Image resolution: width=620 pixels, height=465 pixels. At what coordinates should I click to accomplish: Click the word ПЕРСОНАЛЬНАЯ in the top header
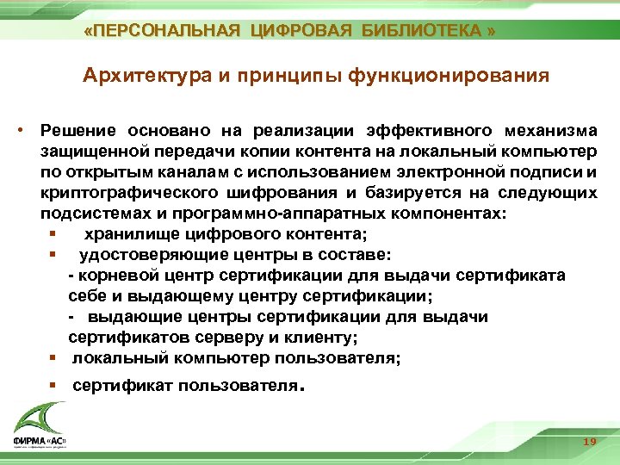166,32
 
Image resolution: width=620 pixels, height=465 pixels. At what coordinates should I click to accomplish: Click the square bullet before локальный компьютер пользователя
53,358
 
